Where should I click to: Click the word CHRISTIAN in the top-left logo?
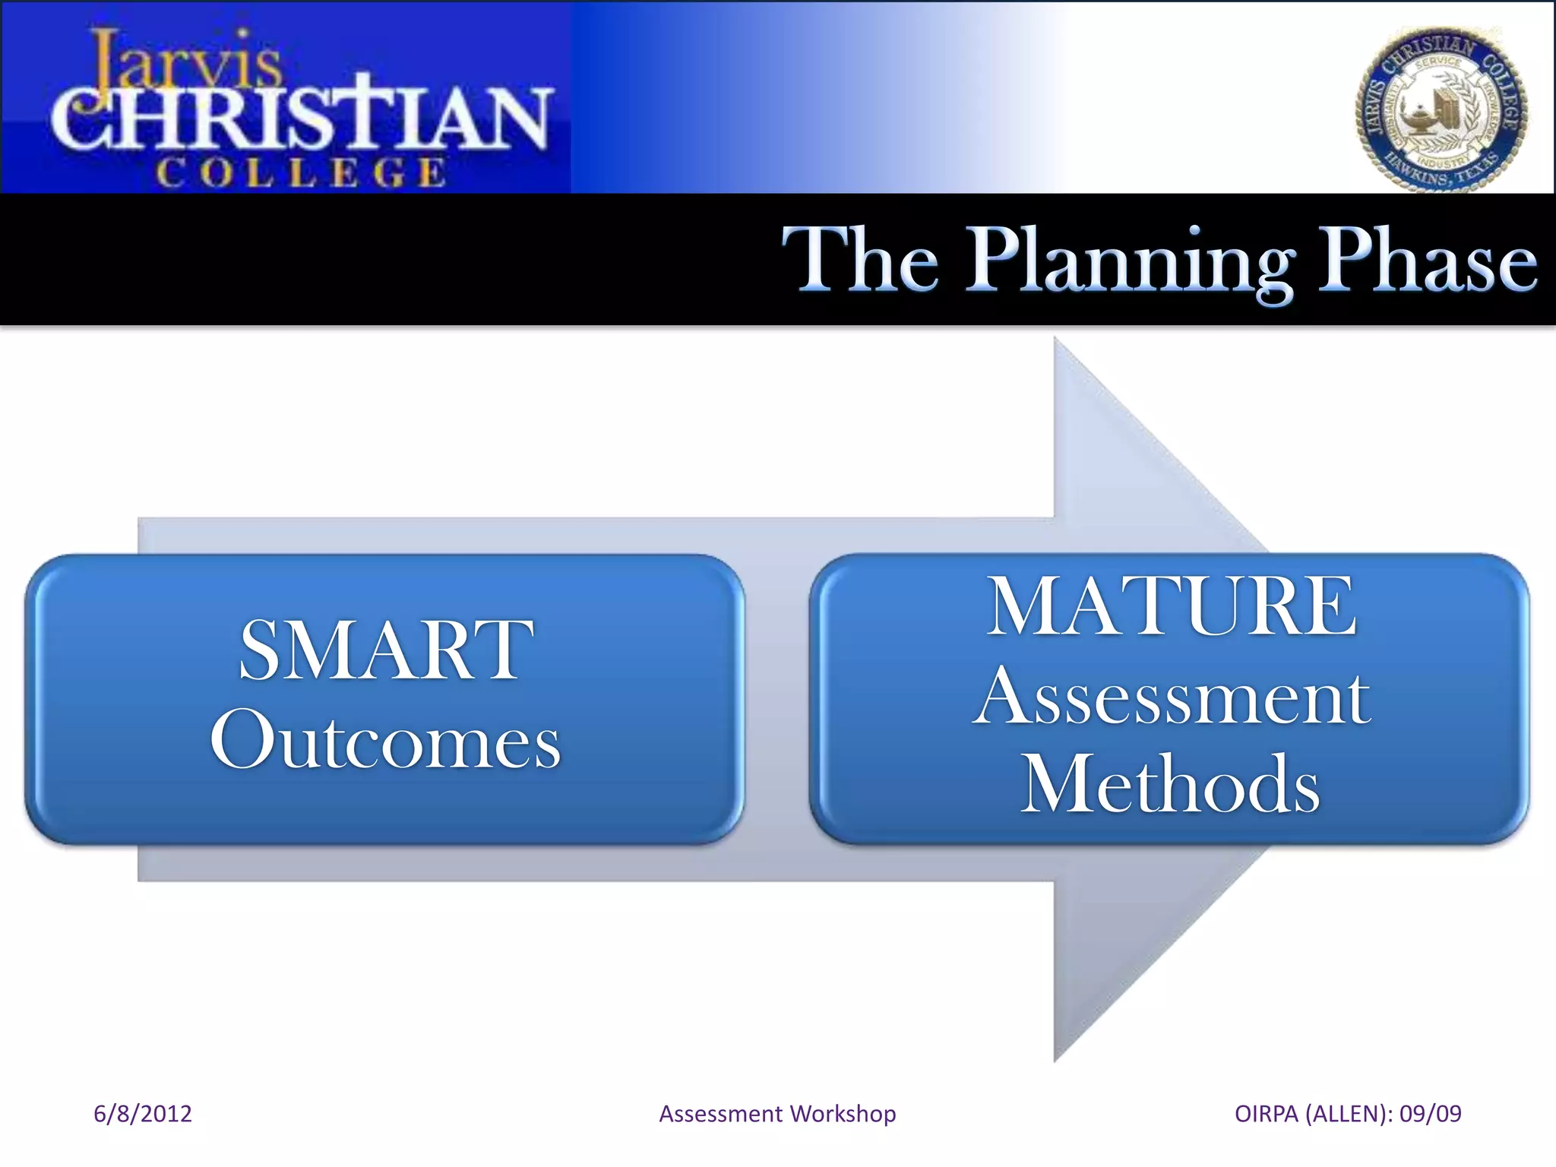click(x=300, y=118)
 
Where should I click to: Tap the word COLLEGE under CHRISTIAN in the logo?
click(x=301, y=173)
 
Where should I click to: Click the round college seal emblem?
click(x=1441, y=110)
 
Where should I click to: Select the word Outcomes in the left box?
click(x=386, y=741)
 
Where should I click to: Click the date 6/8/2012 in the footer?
click(x=142, y=1114)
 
